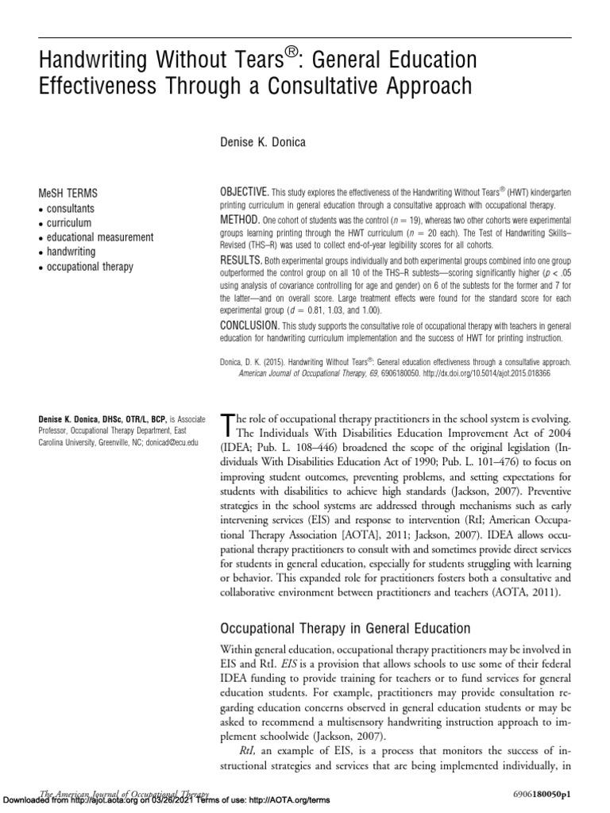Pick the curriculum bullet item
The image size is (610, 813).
tap(68, 223)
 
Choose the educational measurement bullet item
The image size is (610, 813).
tap(95, 237)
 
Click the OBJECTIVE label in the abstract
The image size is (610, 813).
tap(244, 194)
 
